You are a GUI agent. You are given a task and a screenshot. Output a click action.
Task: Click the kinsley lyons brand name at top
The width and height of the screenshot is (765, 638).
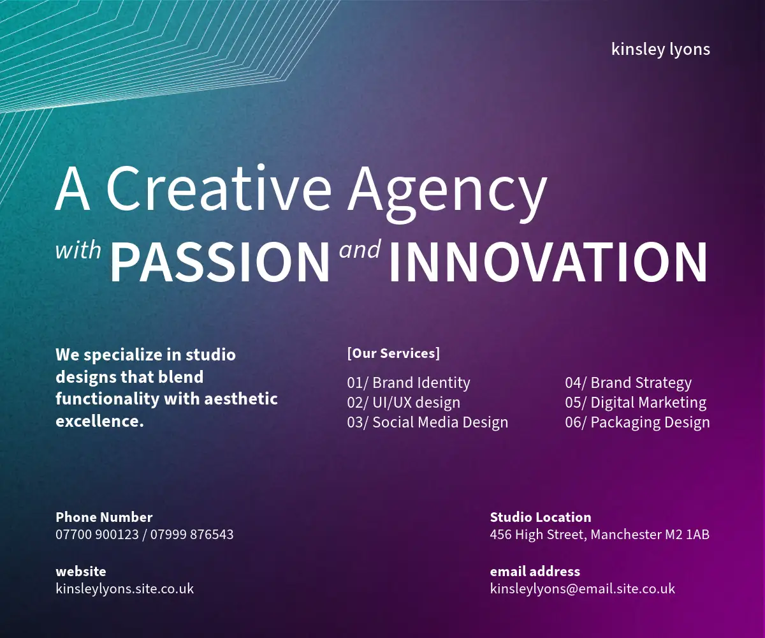coord(660,50)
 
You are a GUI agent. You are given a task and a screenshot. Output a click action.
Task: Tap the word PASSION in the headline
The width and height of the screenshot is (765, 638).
coord(220,262)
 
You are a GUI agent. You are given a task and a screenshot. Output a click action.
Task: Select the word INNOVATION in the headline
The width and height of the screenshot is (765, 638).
coord(548,262)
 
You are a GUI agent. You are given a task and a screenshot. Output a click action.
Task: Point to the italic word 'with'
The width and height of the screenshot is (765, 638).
coord(78,250)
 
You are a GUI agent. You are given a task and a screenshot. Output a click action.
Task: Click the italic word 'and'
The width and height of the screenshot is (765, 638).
coord(360,249)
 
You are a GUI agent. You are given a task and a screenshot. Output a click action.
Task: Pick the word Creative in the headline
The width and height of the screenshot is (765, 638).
coord(219,189)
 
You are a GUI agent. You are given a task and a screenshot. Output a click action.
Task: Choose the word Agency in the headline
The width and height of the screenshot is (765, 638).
coord(447,193)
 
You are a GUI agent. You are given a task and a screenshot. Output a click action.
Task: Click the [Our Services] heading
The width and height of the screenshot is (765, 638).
coord(393,353)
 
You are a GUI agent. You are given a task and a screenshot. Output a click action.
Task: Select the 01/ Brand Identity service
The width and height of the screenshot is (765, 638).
coord(409,383)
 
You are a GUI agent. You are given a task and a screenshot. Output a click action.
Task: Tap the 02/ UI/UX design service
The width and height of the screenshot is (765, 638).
coord(404,403)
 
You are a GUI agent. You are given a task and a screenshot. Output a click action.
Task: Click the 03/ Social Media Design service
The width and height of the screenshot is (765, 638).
coord(428,422)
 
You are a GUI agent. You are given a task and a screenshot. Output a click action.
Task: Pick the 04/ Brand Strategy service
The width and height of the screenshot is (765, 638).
coord(629,383)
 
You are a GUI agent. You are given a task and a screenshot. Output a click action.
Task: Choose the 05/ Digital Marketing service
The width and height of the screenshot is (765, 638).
coord(636,403)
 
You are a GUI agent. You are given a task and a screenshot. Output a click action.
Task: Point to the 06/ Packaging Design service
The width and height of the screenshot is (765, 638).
coord(637,422)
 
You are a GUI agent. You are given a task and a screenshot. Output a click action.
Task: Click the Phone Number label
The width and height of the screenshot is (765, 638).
coord(104,517)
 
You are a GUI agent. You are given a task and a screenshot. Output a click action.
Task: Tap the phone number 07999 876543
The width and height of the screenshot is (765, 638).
coord(192,535)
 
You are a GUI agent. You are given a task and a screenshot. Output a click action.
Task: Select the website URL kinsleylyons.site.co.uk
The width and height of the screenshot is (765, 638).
coord(124,589)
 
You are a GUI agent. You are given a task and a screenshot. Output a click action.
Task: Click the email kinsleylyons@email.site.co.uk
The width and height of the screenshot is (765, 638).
coord(583,589)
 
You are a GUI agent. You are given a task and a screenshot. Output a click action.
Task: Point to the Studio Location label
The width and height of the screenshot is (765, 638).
coord(541,517)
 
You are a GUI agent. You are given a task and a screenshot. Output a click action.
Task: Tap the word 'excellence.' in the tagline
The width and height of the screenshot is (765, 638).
coord(99,421)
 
